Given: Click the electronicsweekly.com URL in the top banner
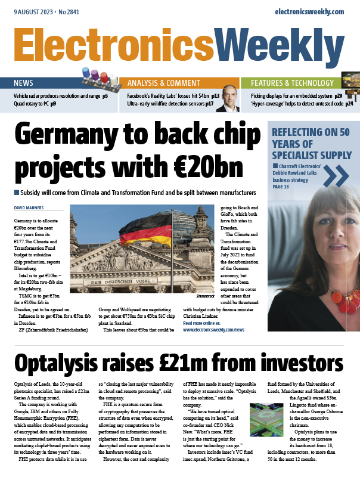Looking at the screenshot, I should [309, 11].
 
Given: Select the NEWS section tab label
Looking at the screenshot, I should [24, 83].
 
